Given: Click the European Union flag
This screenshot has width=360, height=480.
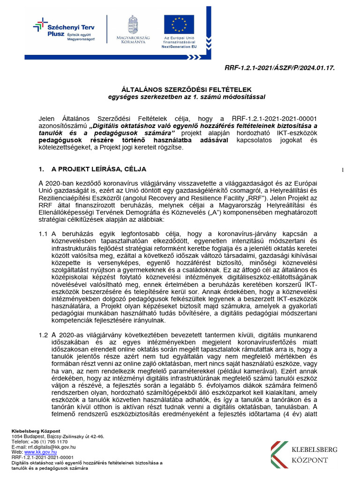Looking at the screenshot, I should pyautogui.click(x=179, y=24).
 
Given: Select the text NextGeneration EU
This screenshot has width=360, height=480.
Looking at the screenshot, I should pyautogui.click(x=179, y=47).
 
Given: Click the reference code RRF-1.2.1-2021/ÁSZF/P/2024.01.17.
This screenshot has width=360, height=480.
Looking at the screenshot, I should pyautogui.click(x=280, y=68).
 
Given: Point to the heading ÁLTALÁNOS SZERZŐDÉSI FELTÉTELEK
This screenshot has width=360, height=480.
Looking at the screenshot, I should pyautogui.click(x=187, y=90).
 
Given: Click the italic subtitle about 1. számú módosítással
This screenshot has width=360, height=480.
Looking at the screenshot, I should pyautogui.click(x=187, y=97).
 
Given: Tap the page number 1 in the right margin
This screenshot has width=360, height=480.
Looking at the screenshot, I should pyautogui.click(x=344, y=170).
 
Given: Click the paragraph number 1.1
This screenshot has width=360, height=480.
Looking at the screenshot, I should pyautogui.click(x=44, y=234).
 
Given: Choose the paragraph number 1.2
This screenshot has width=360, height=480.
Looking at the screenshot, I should pyautogui.click(x=44, y=335).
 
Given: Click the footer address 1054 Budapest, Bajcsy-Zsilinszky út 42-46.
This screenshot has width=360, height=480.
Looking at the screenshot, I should pyautogui.click(x=58, y=436).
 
